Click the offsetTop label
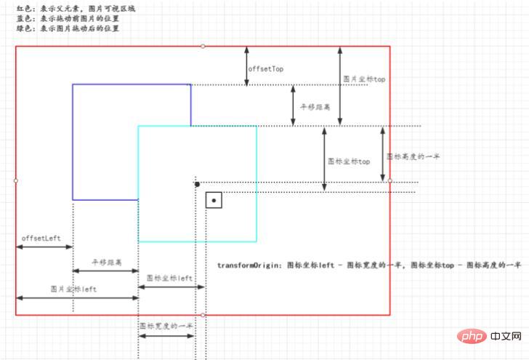point(266,68)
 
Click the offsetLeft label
point(40,238)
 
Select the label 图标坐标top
point(349,161)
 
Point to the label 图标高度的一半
point(413,156)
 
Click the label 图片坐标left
point(73,289)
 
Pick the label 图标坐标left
point(169,278)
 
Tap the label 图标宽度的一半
point(166,327)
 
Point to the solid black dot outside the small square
point(197,184)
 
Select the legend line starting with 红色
point(65,8)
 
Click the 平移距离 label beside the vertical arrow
point(315,106)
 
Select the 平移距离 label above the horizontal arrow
point(106,262)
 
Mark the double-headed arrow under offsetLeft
point(44,247)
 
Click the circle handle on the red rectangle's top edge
point(203,47)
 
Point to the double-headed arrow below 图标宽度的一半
point(166,336)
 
